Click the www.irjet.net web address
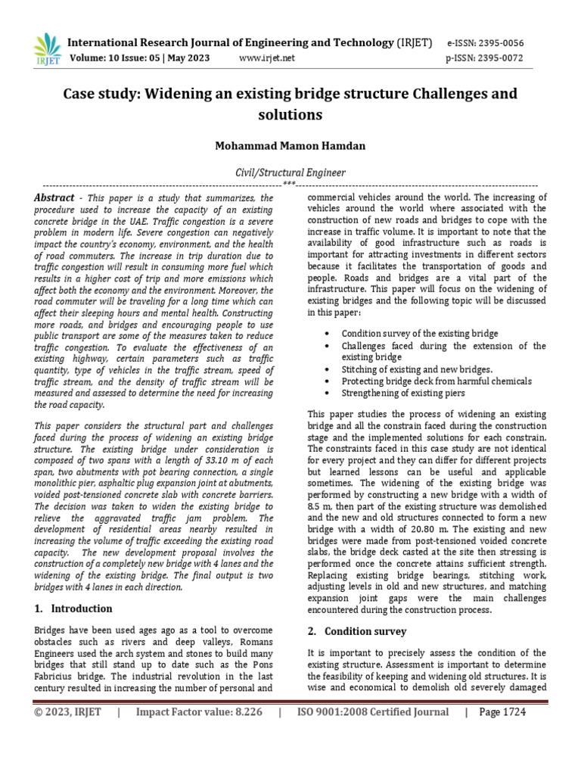coord(267,58)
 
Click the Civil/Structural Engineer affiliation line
coord(290,173)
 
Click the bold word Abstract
coord(54,198)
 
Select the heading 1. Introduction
coord(73,608)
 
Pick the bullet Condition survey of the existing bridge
coord(420,333)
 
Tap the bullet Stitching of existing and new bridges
coord(417,369)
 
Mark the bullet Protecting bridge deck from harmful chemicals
coord(437,381)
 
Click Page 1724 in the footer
coord(500,712)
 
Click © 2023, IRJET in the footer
coord(67,712)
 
